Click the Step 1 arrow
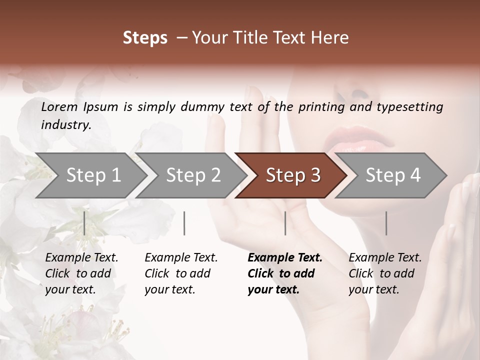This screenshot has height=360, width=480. [93, 175]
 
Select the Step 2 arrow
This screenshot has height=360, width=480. [193, 175]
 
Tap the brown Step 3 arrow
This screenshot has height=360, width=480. [293, 175]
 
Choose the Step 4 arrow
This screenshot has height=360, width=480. [393, 175]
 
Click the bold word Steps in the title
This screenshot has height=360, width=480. [145, 37]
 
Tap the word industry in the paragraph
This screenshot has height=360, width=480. [65, 124]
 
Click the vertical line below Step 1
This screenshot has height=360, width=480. [84, 223]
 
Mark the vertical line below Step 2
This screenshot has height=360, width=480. [184, 223]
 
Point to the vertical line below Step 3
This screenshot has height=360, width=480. [285, 223]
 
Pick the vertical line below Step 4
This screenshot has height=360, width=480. [386, 223]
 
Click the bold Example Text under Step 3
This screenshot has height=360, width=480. [285, 257]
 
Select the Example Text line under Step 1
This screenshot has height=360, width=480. [81, 257]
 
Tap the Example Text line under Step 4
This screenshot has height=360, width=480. [385, 257]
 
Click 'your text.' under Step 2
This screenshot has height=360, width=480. [169, 289]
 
